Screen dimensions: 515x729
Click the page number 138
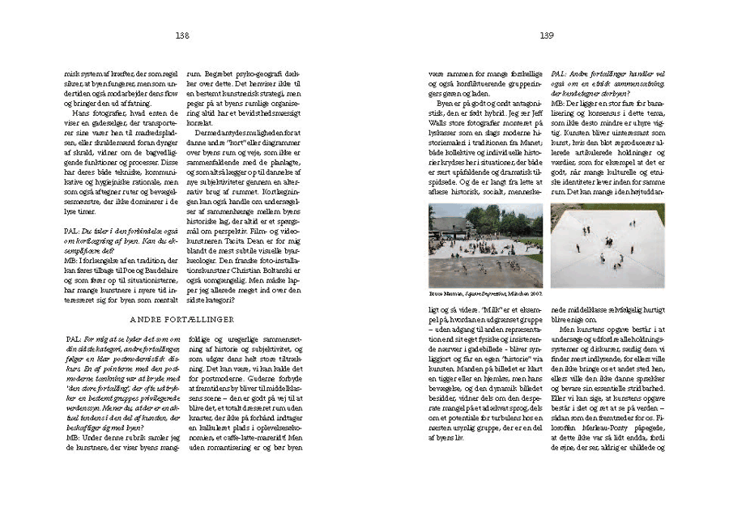181,35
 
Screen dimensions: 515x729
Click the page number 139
547,35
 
